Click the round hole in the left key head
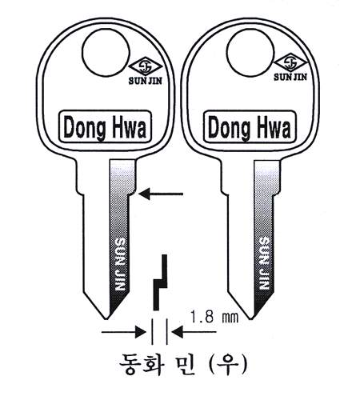[x=106, y=53]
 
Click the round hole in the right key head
[x=250, y=53]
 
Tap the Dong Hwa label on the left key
[x=105, y=126]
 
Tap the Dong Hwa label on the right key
[x=250, y=127]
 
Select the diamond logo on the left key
[x=146, y=66]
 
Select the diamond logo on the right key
[x=290, y=62]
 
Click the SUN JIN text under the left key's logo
[x=146, y=81]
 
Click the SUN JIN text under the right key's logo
[x=290, y=77]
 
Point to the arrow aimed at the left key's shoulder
[x=161, y=194]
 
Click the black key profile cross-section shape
[x=161, y=282]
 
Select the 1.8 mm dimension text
[x=214, y=317]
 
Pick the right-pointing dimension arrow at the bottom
[x=124, y=332]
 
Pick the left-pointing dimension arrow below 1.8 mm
[x=194, y=332]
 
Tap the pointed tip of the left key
[x=106, y=318]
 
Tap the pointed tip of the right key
[x=250, y=318]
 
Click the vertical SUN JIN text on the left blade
[x=119, y=264]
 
